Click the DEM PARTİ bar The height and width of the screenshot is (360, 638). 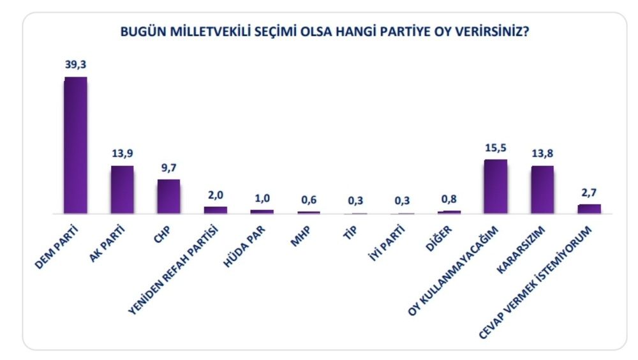pyautogui.click(x=76, y=145)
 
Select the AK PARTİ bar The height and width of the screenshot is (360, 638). pyautogui.click(x=122, y=190)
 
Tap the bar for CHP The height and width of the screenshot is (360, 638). pyautogui.click(x=169, y=197)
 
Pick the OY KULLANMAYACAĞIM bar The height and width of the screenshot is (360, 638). pyautogui.click(x=496, y=186)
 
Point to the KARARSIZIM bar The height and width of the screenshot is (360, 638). pyautogui.click(x=542, y=190)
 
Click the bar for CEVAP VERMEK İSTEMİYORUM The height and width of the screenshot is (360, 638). pyautogui.click(x=589, y=209)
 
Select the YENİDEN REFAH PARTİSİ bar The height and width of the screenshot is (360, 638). pyautogui.click(x=216, y=210)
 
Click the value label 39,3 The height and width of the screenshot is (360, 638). pyautogui.click(x=76, y=64)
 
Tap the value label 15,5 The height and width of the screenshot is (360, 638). pyautogui.click(x=496, y=147)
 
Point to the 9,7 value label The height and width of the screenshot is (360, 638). pyautogui.click(x=169, y=167)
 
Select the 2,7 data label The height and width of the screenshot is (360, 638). pyautogui.click(x=589, y=192)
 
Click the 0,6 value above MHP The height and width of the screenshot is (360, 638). pyautogui.click(x=309, y=200)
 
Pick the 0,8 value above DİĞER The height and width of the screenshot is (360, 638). pyautogui.click(x=449, y=199)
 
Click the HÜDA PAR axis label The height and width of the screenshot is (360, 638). pyautogui.click(x=244, y=246)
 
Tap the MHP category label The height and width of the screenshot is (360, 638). pyautogui.click(x=300, y=236)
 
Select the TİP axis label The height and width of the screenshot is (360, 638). pyautogui.click(x=350, y=232)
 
